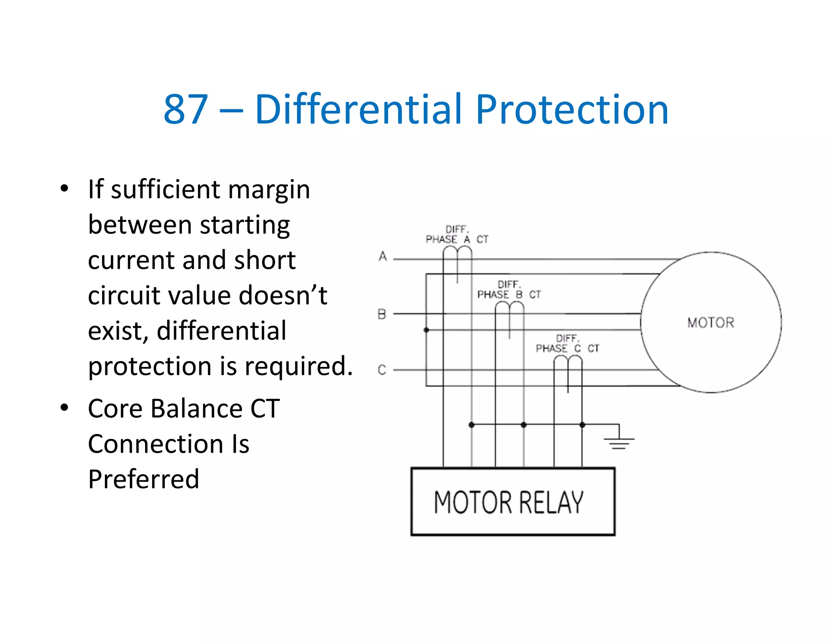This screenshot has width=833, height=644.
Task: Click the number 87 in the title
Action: [x=186, y=109]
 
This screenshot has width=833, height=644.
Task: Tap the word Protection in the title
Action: [x=572, y=109]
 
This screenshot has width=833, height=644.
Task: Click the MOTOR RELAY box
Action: [x=512, y=502]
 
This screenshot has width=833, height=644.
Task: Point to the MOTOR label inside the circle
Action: [x=711, y=323]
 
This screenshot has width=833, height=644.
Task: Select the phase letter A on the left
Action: [x=383, y=256]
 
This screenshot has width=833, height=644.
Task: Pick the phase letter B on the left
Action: [x=382, y=314]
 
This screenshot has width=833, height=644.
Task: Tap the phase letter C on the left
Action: [x=382, y=370]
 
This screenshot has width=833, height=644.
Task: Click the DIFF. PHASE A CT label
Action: [x=457, y=234]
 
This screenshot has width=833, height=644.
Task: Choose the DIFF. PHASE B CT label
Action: [x=509, y=289]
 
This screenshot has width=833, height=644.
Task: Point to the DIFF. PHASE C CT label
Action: [x=567, y=344]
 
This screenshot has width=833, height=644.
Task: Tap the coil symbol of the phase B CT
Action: [x=509, y=309]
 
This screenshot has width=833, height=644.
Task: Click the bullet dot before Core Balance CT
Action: [x=64, y=407]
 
